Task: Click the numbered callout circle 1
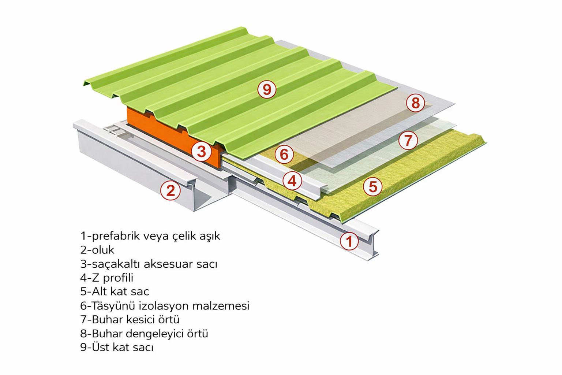coord(349,241)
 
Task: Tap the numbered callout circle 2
coord(171,190)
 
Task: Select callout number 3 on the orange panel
coord(201,151)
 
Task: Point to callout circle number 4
coord(292,181)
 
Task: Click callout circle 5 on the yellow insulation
coord(372,186)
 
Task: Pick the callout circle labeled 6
coord(284,154)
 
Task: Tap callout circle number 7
coord(408,140)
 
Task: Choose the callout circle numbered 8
coord(415,103)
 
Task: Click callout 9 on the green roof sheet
coord(267,89)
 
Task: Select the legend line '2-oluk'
coord(97,250)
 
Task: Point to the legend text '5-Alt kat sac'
coord(115,292)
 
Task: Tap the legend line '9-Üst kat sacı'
coord(117,347)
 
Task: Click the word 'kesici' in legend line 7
coord(142,319)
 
